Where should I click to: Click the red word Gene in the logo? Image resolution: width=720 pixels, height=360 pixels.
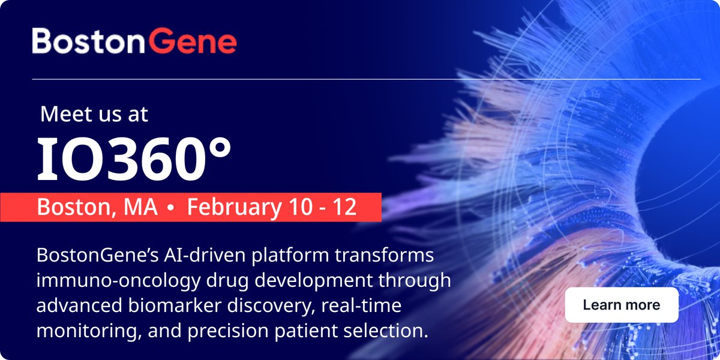[x=193, y=41]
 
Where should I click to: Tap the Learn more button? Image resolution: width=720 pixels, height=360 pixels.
[x=622, y=305]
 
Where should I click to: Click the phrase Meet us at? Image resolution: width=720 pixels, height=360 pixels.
[x=94, y=114]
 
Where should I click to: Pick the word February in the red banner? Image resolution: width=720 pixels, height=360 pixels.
[x=235, y=208]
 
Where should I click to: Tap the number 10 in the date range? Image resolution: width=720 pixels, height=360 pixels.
[x=300, y=206]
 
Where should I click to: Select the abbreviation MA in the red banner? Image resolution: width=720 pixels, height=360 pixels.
[x=141, y=207]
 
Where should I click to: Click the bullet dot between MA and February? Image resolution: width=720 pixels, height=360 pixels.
[x=170, y=208]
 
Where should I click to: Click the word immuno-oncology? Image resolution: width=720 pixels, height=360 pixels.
[x=118, y=281]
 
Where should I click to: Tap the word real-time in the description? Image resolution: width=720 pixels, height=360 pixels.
[x=361, y=305]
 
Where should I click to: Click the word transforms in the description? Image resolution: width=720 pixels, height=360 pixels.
[x=385, y=255]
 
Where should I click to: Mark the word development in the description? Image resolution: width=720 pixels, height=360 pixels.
[x=314, y=281]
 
